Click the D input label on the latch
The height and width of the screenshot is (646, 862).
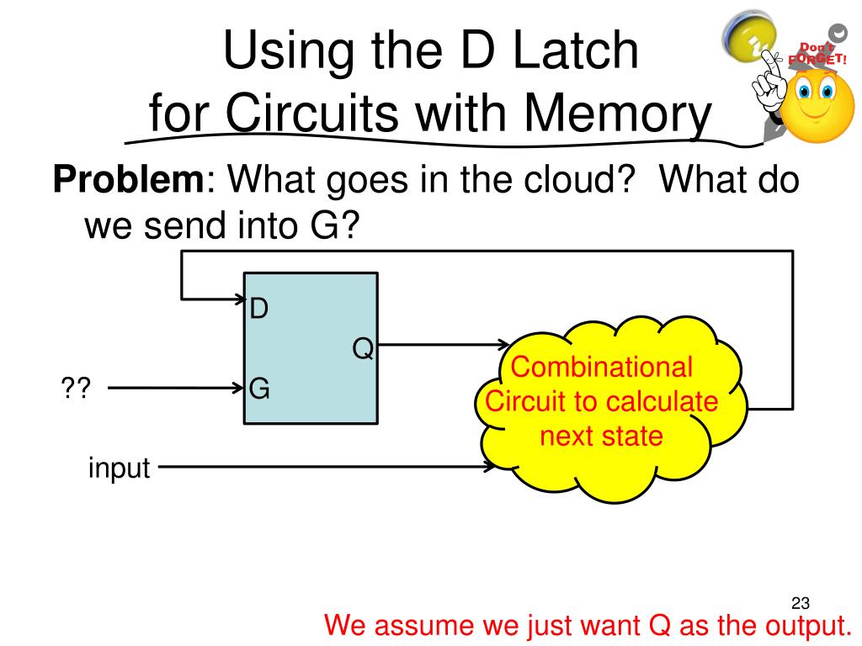[259, 309]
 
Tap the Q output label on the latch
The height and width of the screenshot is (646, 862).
[362, 348]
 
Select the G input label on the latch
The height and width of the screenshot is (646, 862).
[259, 389]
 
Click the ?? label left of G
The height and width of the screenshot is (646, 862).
[75, 389]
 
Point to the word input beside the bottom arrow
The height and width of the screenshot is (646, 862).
[119, 468]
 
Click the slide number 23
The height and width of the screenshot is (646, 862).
[800, 602]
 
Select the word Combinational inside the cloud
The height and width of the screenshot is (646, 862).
[601, 368]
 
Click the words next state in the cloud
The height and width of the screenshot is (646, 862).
[601, 437]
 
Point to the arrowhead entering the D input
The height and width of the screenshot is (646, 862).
[237, 298]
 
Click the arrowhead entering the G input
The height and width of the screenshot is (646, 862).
[237, 389]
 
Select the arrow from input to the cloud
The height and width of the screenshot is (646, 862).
[328, 466]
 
